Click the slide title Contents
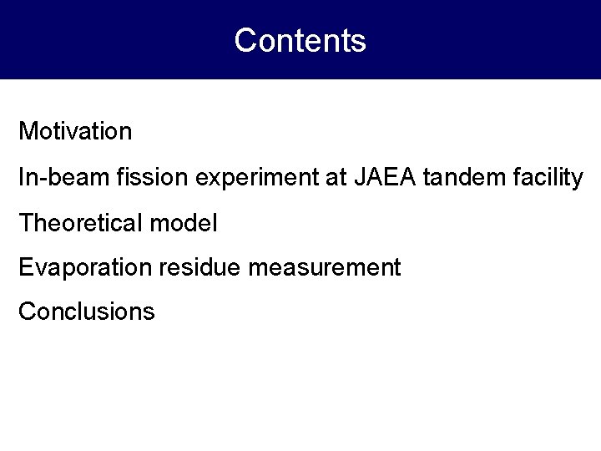(x=300, y=40)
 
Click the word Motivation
(x=75, y=131)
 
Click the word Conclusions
(x=87, y=312)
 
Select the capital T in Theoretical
(x=26, y=222)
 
